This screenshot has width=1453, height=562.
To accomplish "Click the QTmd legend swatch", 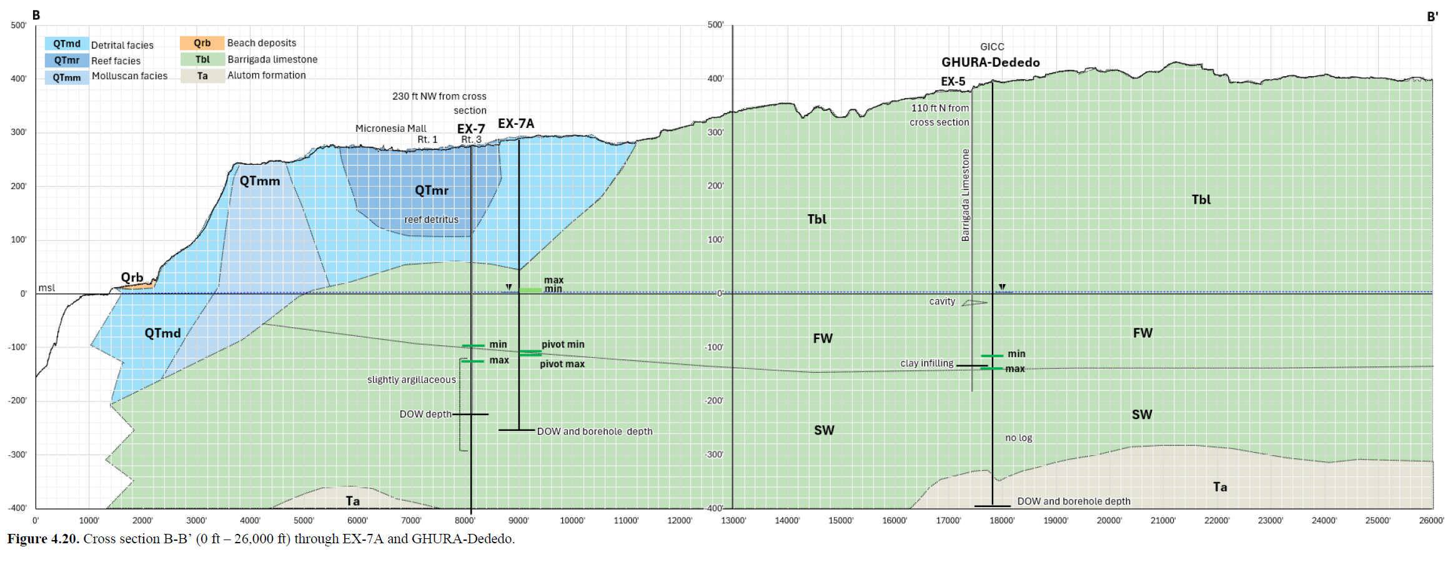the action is coord(67,44).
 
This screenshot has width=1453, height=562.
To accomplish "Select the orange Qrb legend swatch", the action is coord(202,43).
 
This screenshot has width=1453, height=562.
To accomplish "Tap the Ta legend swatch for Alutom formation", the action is coord(202,76).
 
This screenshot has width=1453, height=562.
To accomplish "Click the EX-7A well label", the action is coord(516,124).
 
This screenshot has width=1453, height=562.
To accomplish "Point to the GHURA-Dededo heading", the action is coord(991,62).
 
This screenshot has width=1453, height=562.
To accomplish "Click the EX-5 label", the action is coord(953,81).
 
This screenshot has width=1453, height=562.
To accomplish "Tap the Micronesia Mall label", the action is coord(391,128).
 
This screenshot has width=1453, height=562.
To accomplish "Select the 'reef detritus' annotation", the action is coord(431,219).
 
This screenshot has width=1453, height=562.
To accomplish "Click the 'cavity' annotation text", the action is coord(942,301).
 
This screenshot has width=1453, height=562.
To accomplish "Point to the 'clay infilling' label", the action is coord(927,363).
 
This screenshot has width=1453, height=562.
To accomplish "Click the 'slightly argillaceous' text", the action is coord(412,380).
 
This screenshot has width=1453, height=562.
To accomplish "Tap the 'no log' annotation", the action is coord(1019,438).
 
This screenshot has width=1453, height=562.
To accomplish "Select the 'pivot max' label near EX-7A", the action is coord(562,364).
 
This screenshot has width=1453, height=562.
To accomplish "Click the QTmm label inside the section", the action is coord(260,181).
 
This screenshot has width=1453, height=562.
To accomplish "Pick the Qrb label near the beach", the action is coord(132,277).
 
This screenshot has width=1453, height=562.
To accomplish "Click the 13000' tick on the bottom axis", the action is coord(733,520).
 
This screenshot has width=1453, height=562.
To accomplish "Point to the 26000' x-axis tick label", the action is coord(1431,520).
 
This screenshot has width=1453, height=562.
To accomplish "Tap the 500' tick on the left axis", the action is coord(19,25).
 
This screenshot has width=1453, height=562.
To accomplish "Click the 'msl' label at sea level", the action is coord(47,288).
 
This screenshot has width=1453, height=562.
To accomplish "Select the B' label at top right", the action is coord(1432,17).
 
